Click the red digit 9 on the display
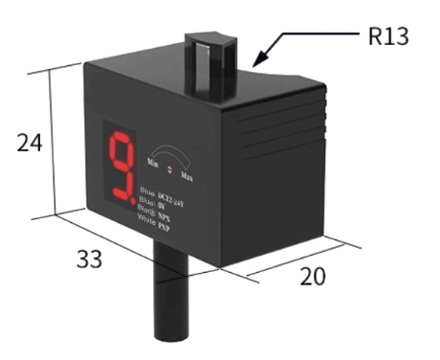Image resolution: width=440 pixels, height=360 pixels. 120,169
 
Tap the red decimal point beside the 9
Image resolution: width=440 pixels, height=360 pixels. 133,200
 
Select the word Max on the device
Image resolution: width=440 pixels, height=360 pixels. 191,178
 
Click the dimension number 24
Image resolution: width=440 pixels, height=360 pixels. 30,143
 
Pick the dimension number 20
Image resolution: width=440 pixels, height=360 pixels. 312,277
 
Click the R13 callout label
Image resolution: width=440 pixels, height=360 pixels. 387,38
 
